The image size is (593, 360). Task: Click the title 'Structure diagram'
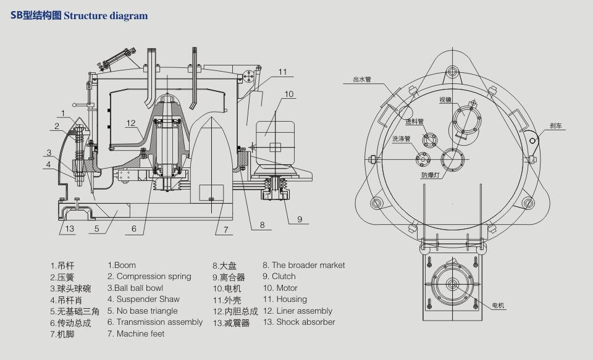click(x=106, y=16)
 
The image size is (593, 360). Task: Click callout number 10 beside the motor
click(x=289, y=94)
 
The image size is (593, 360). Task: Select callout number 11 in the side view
click(x=282, y=72)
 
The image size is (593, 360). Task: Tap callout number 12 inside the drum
click(x=131, y=123)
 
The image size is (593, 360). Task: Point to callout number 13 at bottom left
click(x=70, y=228)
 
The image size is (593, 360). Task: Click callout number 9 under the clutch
click(x=299, y=219)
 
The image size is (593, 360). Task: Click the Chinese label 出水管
click(x=361, y=80)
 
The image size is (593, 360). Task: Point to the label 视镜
click(x=445, y=99)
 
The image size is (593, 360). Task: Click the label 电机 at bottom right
click(x=498, y=306)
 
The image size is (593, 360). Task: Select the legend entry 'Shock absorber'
click(x=299, y=322)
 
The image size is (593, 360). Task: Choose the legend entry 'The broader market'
click(x=303, y=265)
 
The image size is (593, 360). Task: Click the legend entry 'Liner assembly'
click(x=297, y=311)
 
